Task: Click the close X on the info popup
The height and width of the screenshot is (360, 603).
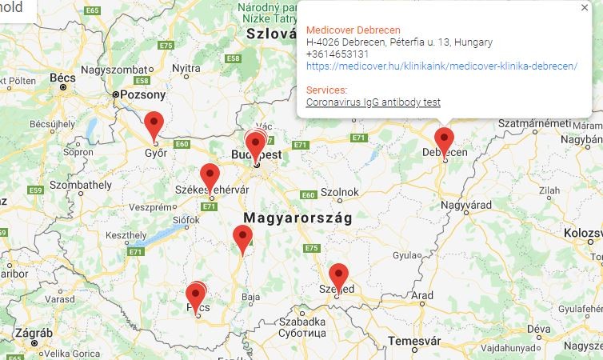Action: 585,7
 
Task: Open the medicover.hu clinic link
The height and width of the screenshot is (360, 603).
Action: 441,66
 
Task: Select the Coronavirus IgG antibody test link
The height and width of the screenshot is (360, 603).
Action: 373,102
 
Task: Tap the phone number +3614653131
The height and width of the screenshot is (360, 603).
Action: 337,54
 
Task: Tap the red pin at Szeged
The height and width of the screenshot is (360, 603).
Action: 338,277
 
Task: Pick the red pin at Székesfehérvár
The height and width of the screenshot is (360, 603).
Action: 210,177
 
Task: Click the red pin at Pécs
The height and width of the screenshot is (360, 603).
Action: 196,297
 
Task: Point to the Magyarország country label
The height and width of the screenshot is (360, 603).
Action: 298,218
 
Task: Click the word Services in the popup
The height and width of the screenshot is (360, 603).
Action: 326,90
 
